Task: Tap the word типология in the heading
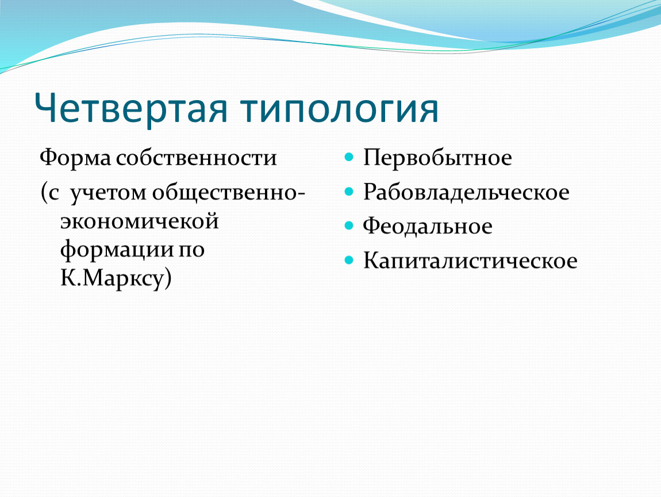(340, 108)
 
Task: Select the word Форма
(75, 158)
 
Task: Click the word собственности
(197, 158)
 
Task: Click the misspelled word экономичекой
(140, 221)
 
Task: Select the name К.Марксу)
(116, 278)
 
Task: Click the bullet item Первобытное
(437, 158)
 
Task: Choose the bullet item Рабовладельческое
(466, 192)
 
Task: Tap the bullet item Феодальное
(428, 225)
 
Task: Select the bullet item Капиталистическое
(470, 261)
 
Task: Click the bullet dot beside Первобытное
(349, 158)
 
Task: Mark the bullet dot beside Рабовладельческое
(349, 192)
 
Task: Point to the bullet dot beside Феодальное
(349, 225)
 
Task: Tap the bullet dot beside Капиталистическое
(349, 260)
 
